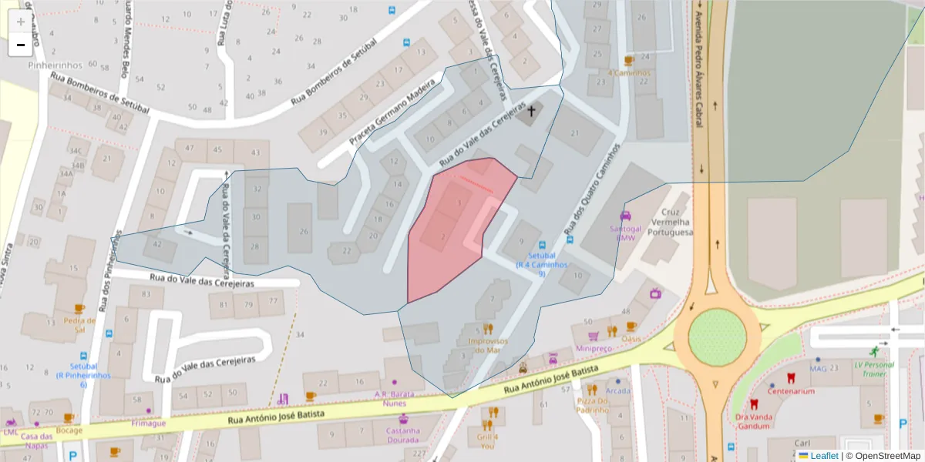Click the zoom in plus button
click(20, 22)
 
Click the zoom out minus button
click(20, 45)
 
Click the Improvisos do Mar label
click(488, 345)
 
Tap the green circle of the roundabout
click(717, 337)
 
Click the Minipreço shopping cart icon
click(593, 336)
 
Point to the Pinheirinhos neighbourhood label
click(50, 65)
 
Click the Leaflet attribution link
click(823, 456)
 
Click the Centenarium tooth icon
click(790, 378)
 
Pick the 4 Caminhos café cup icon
click(628, 60)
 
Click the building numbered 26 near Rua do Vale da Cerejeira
click(304, 231)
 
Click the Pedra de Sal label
click(79, 324)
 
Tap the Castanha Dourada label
click(403, 435)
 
